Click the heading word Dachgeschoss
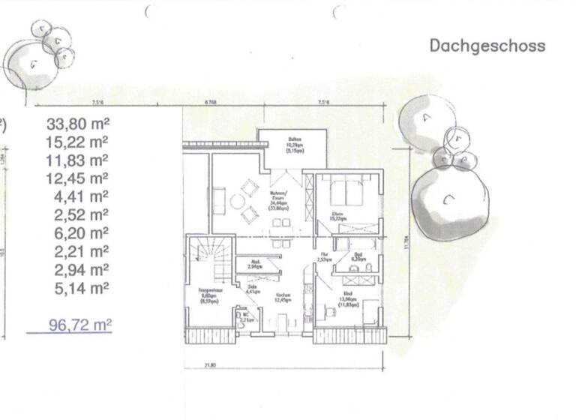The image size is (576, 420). pos(487,46)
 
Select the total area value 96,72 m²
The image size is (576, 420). pos(80,325)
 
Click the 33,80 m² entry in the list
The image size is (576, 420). pos(78,123)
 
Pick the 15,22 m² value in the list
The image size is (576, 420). pos(78,141)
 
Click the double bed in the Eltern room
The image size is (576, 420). pos(345,191)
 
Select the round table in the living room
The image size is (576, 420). pos(238,200)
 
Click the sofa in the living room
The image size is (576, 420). pos(219,200)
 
